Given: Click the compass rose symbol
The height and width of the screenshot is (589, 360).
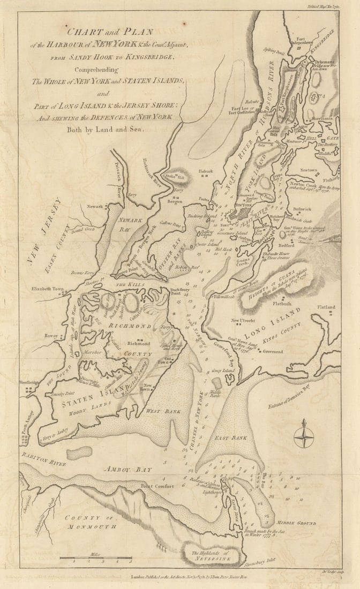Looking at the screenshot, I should [303, 434].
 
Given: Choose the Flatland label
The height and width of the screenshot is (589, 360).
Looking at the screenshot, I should [324, 307].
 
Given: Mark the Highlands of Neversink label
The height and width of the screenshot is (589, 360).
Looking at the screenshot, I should [205, 555].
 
